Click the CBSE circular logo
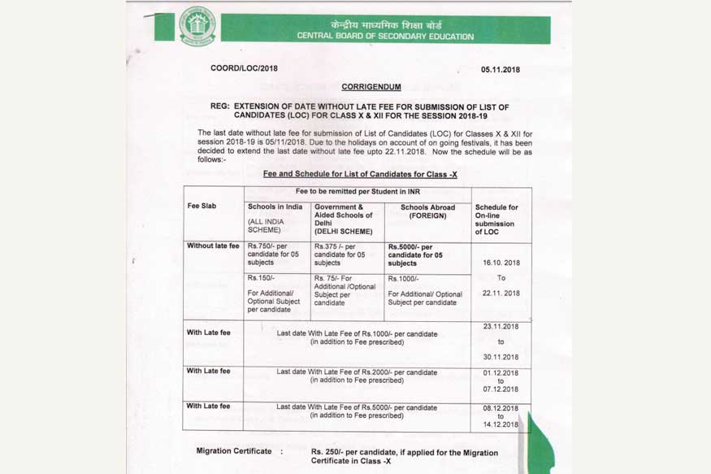pos(197,26)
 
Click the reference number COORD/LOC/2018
pos(244,68)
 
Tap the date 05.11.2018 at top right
pos(500,70)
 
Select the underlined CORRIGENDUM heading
pos(371,86)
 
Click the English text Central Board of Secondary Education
pos(385,37)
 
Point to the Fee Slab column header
pos(202,207)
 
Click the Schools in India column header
pos(275,207)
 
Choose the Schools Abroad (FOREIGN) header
pos(427,211)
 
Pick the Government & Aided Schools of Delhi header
pos(343,215)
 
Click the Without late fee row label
pos(213,246)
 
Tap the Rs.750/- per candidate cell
pos(273,254)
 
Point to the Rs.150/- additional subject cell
pos(273,294)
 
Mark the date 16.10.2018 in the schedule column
pos(501,263)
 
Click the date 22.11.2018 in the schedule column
pos(501,294)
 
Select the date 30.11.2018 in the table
pos(501,357)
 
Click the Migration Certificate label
pos(234,451)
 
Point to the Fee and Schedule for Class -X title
pos(360,174)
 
